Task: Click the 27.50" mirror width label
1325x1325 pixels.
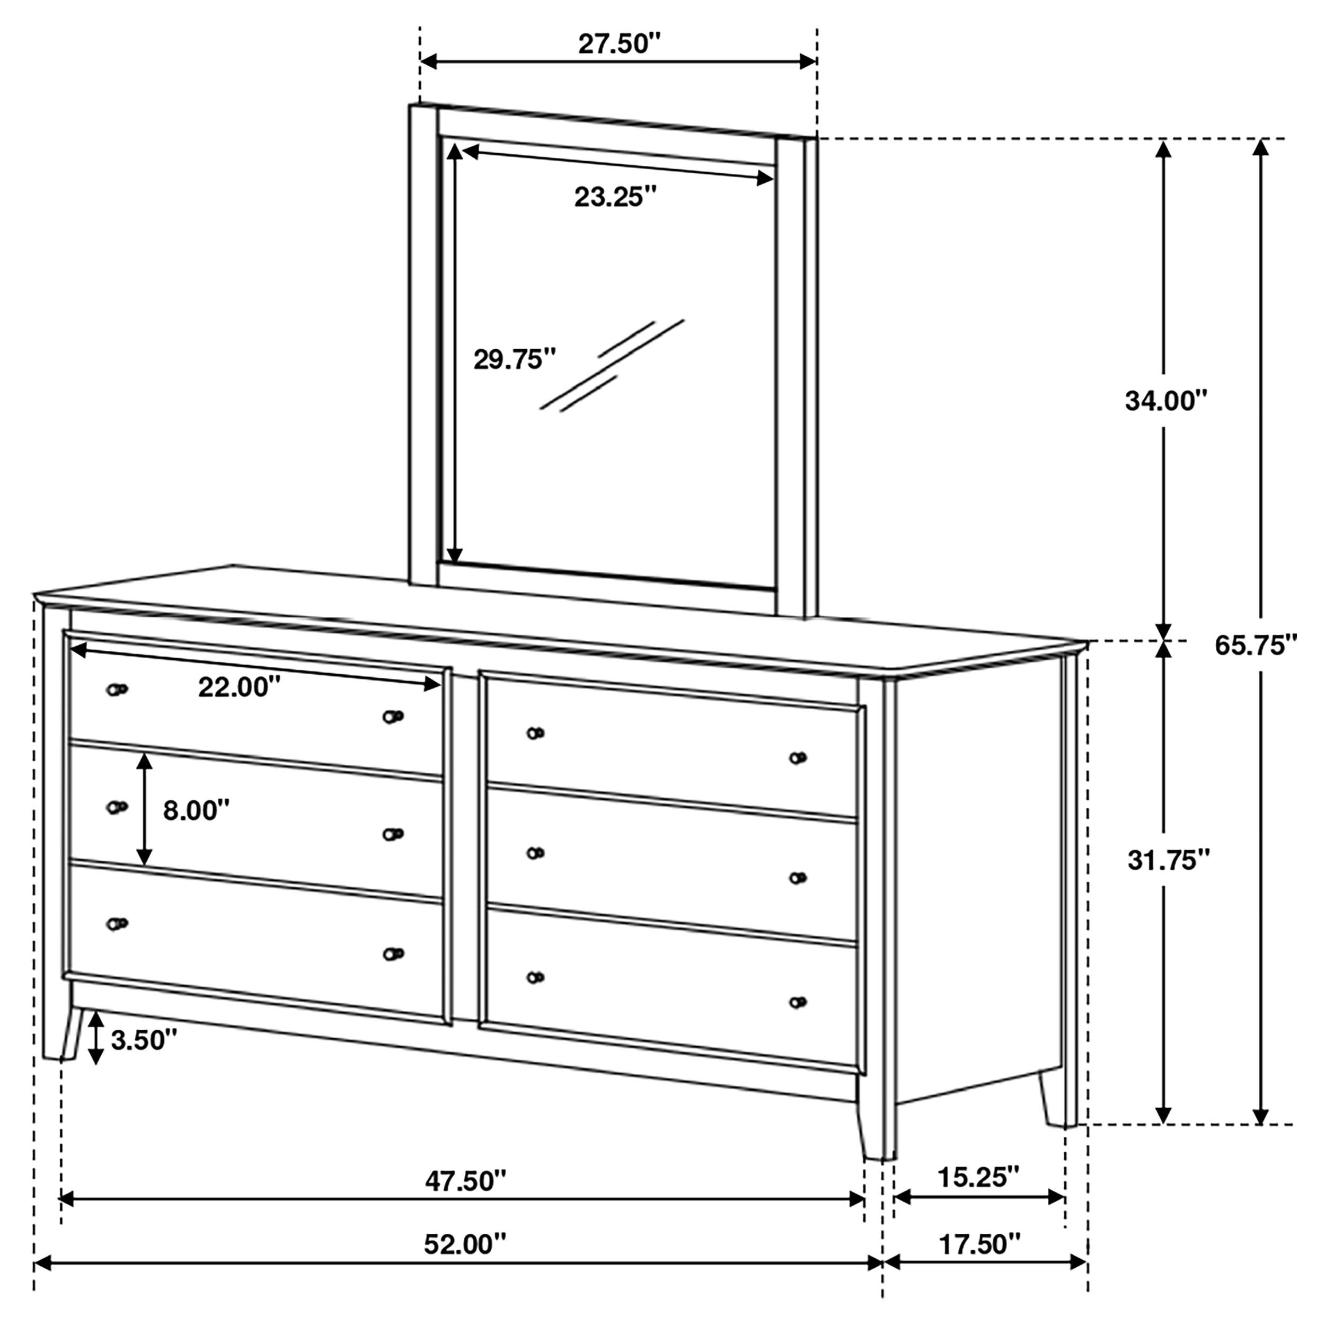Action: pyautogui.click(x=619, y=44)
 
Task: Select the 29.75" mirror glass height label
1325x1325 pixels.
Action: pyautogui.click(x=514, y=359)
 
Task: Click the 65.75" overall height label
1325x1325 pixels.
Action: pyautogui.click(x=1256, y=646)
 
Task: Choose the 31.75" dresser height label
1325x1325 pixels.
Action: pyautogui.click(x=1169, y=859)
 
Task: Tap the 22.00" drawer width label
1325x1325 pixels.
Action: pyautogui.click(x=240, y=686)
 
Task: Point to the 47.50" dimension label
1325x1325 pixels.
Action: pyautogui.click(x=466, y=1181)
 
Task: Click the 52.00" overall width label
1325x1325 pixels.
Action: pyautogui.click(x=465, y=1244)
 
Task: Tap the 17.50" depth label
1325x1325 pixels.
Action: pyautogui.click(x=979, y=1243)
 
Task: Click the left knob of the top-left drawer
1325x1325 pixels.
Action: pyautogui.click(x=117, y=689)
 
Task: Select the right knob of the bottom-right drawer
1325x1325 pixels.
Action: pyautogui.click(x=798, y=1002)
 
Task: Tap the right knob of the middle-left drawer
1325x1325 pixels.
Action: pyautogui.click(x=393, y=834)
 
